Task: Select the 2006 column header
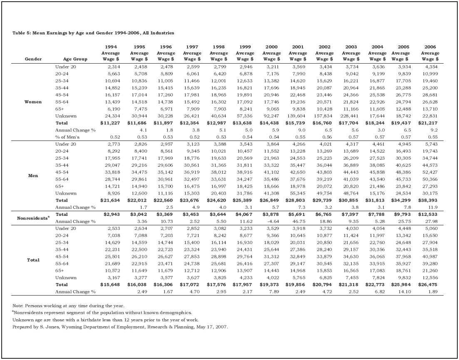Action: tap(430, 53)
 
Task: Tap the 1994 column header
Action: tap(111, 53)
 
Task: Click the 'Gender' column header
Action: tap(33, 59)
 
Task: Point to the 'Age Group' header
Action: tap(75, 59)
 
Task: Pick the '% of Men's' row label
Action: tap(68, 137)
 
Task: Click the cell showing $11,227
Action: tap(109, 123)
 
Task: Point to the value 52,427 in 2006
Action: tap(430, 172)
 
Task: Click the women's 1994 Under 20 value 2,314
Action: tap(112, 67)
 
